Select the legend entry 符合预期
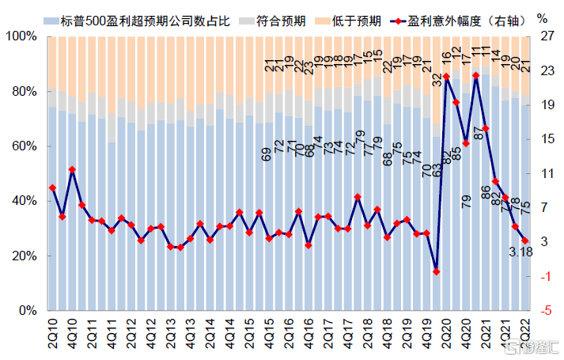[280, 19]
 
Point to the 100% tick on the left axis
[21, 37]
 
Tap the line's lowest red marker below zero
[436, 271]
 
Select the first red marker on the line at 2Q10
[52, 188]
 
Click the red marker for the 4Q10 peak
[72, 169]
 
